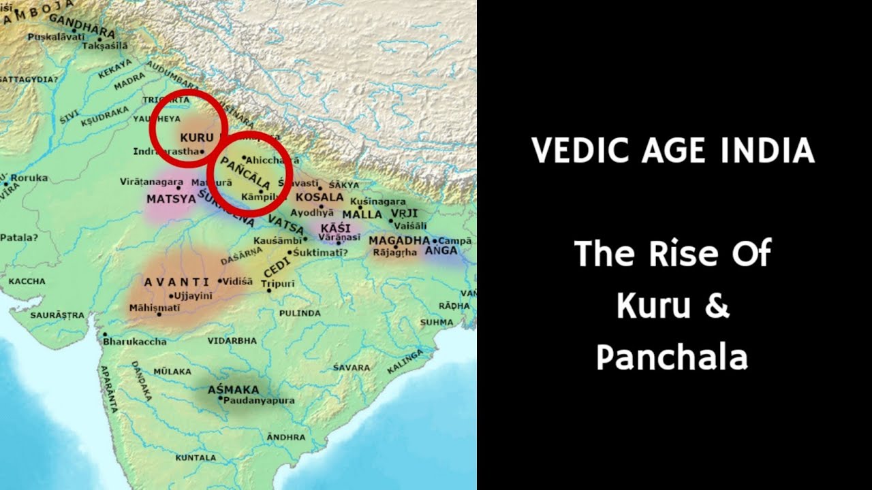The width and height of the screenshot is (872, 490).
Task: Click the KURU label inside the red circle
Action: (192, 137)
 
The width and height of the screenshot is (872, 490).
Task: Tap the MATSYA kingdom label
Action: (166, 199)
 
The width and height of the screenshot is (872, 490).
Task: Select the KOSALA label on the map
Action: (320, 197)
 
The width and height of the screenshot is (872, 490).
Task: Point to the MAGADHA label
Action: (399, 241)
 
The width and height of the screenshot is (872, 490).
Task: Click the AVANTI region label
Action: (176, 282)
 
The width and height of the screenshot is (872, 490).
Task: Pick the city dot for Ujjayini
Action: (170, 296)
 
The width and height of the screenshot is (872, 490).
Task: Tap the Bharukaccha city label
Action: (131, 340)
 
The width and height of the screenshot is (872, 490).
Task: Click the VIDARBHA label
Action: (232, 340)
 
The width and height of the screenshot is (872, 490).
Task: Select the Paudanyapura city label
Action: (259, 401)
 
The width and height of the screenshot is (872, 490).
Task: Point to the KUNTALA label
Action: (196, 458)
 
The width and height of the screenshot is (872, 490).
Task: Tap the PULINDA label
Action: (300, 313)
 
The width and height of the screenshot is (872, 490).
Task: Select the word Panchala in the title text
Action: (672, 357)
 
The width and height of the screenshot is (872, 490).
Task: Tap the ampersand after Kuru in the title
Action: (716, 306)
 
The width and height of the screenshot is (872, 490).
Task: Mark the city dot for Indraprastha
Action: (202, 151)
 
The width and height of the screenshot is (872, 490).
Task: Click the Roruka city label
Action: (30, 178)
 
